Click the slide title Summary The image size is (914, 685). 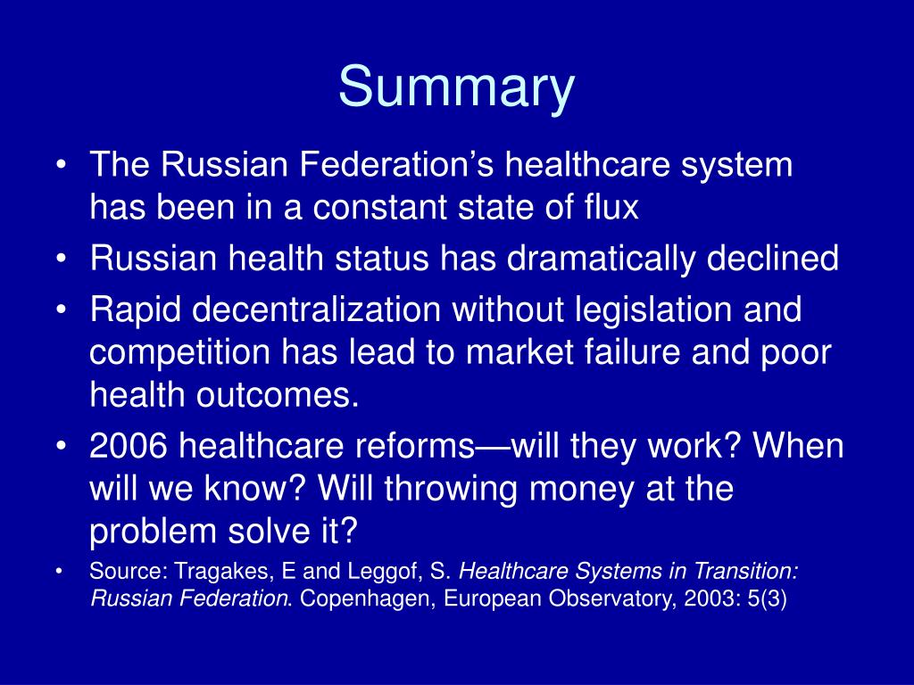(456, 88)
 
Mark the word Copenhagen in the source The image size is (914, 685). (360, 598)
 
